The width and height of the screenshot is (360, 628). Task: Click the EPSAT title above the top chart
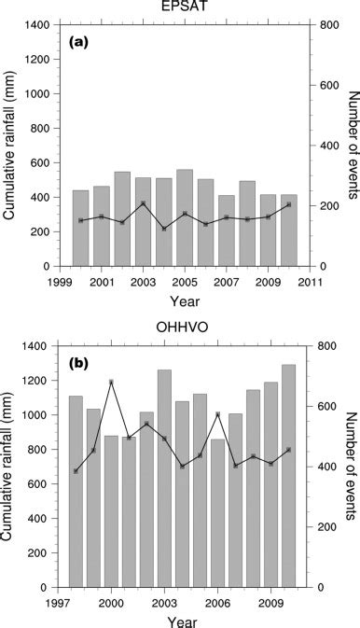[185, 8]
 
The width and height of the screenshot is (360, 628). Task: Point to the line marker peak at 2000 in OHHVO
[111, 382]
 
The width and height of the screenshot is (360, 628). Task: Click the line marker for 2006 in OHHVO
[217, 414]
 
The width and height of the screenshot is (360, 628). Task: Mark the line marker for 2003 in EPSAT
[143, 203]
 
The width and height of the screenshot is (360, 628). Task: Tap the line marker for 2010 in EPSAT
[288, 204]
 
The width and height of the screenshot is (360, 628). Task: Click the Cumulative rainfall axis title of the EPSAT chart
[12, 145]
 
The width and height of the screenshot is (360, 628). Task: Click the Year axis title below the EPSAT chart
[185, 300]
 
